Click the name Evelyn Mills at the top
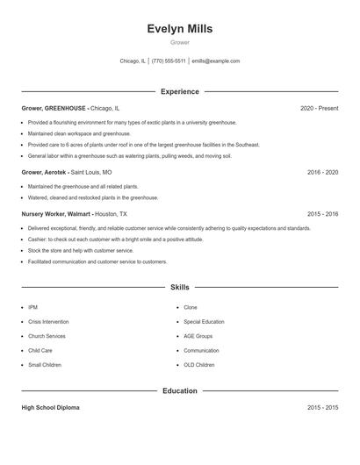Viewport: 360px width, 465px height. pyautogui.click(x=179, y=29)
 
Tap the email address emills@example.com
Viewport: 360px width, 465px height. pyautogui.click(x=215, y=61)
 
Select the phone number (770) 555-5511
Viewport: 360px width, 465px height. pyautogui.click(x=169, y=61)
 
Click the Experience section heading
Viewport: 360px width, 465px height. pyautogui.click(x=179, y=91)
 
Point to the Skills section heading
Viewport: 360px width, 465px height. pyautogui.click(x=179, y=287)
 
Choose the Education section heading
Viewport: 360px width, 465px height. pyautogui.click(x=179, y=390)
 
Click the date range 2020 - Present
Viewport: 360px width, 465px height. pyautogui.click(x=319, y=108)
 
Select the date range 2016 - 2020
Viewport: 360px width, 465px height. pyautogui.click(x=322, y=173)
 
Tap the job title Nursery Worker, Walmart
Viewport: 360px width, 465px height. pyautogui.click(x=54, y=213)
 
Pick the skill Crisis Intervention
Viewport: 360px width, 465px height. pyautogui.click(x=48, y=322)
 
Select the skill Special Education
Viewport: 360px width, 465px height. pyautogui.click(x=205, y=322)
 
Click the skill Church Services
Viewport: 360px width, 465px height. pyautogui.click(x=47, y=336)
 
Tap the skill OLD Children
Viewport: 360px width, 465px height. pyautogui.click(x=199, y=364)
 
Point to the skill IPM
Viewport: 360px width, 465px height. pyautogui.click(x=32, y=308)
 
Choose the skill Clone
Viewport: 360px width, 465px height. pyautogui.click(x=191, y=308)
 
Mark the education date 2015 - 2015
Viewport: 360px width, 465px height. pyautogui.click(x=322, y=408)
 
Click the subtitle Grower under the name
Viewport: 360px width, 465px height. pyautogui.click(x=179, y=42)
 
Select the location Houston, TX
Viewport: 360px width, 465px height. pyautogui.click(x=111, y=213)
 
